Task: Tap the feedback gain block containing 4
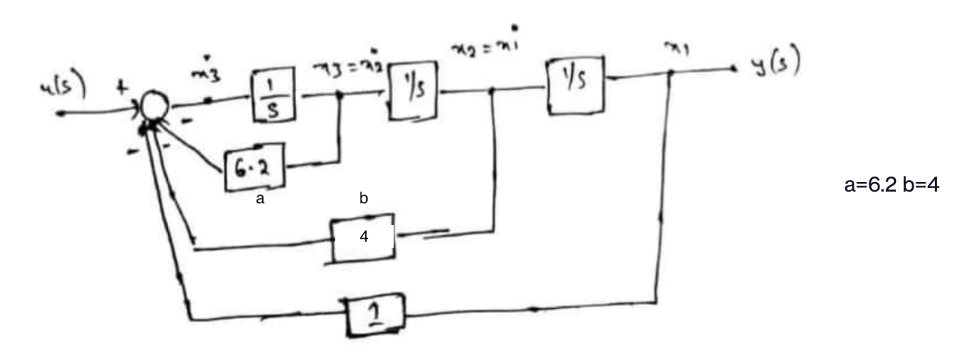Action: click(x=363, y=239)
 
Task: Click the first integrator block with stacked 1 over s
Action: click(x=271, y=95)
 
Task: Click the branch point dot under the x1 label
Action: click(x=671, y=75)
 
